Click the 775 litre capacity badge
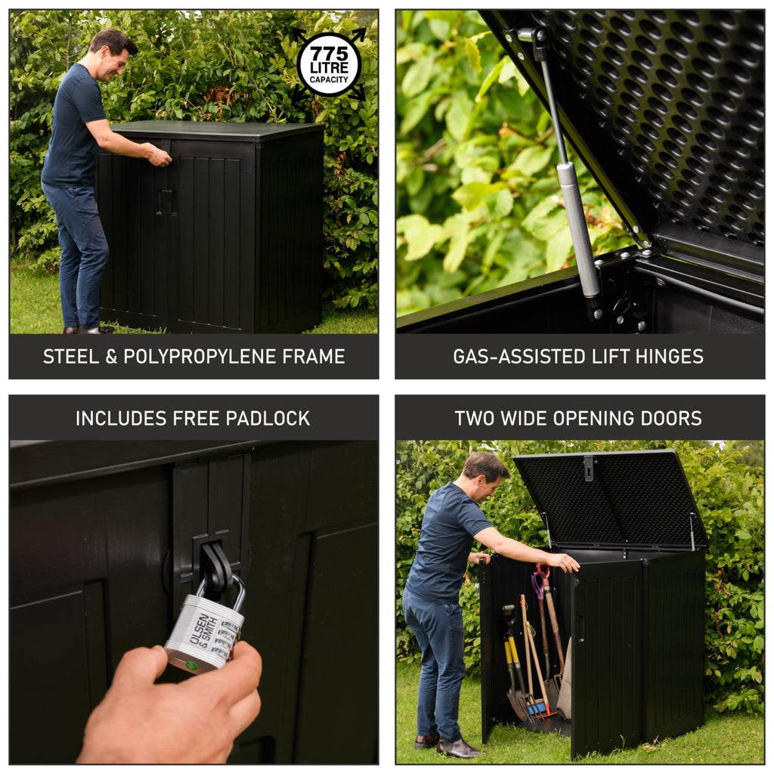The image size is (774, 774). point(329,64)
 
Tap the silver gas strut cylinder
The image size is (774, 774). point(578,227)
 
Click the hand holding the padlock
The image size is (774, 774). point(174,707)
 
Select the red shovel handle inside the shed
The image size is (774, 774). point(542,571)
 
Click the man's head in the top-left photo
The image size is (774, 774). point(113,54)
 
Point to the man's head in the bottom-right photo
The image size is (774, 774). point(484,476)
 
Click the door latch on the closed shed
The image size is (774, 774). point(166,202)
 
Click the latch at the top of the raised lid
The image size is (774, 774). point(589,468)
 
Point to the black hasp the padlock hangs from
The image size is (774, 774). point(217,567)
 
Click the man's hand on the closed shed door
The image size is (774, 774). point(159,156)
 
